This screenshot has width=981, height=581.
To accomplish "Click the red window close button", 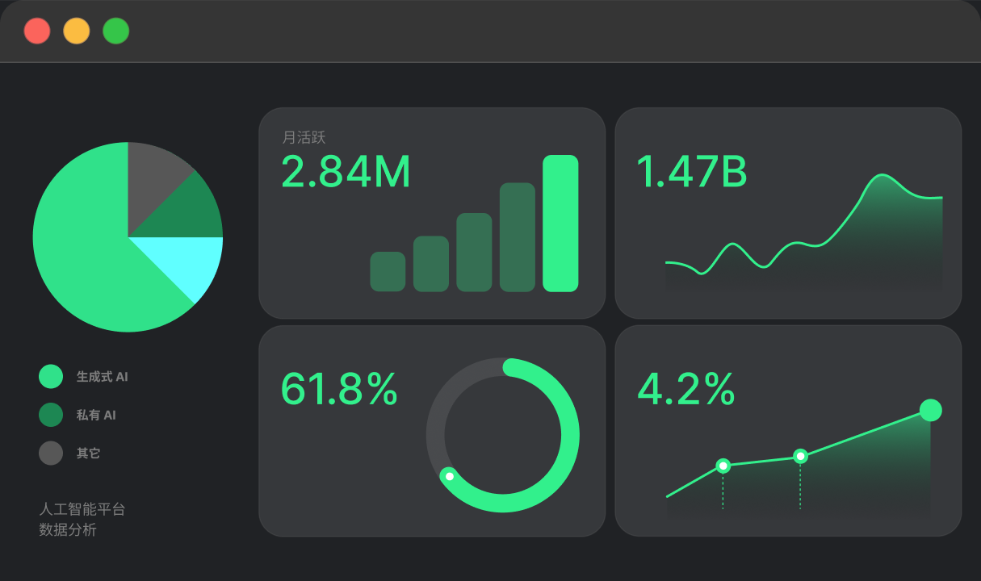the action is (x=37, y=31).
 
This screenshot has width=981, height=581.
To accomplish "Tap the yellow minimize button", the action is (x=77, y=31).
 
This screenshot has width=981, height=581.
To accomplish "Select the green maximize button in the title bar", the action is (x=116, y=31).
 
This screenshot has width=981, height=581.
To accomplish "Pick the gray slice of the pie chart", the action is (x=153, y=179).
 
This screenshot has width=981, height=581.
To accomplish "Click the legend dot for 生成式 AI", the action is (x=51, y=376).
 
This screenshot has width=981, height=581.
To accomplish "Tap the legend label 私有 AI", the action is (x=96, y=415).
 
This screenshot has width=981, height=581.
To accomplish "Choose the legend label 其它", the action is (x=88, y=453).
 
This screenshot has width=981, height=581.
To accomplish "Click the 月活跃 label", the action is (x=304, y=137).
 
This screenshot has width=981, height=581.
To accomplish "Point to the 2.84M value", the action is (x=346, y=171).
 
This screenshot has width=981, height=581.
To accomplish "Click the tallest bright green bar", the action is (x=560, y=224).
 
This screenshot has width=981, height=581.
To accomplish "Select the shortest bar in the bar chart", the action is (x=388, y=271).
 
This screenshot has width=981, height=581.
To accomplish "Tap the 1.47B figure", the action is (x=692, y=171).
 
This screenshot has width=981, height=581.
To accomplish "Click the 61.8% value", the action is (x=339, y=389).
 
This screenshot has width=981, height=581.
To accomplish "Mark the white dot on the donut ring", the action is (x=450, y=476).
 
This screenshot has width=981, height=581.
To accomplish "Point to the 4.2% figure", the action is (x=685, y=389).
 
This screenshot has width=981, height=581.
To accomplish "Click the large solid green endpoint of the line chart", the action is (x=931, y=410).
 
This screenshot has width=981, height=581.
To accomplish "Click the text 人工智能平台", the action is (x=82, y=509).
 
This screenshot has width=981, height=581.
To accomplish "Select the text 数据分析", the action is (x=68, y=530).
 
